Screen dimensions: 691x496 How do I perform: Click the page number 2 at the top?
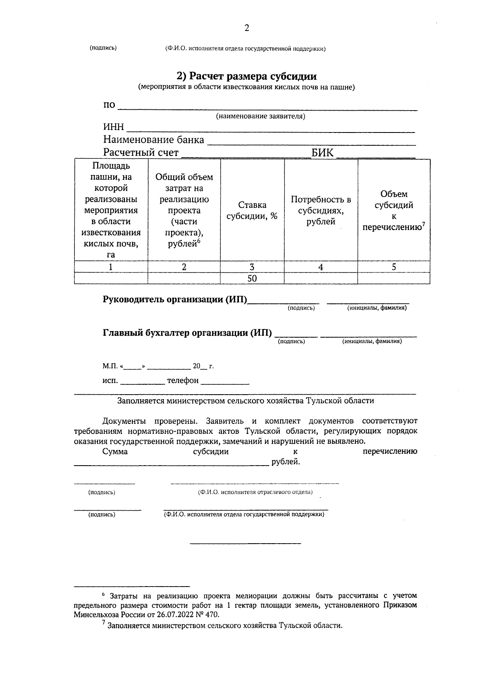pyautogui.click(x=247, y=28)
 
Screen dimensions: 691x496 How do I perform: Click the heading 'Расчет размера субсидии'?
pyautogui.click(x=247, y=76)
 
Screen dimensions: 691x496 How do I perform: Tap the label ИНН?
pyautogui.click(x=113, y=128)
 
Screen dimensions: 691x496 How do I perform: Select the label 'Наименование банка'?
pyautogui.click(x=153, y=140)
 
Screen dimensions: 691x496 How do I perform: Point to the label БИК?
pyautogui.click(x=322, y=153)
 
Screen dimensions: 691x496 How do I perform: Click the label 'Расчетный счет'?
pyautogui.click(x=141, y=153)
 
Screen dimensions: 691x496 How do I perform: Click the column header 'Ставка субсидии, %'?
pyautogui.click(x=252, y=211)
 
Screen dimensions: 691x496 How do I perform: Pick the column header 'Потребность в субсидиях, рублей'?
pyautogui.click(x=321, y=211)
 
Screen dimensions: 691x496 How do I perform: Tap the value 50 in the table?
pyautogui.click(x=252, y=279)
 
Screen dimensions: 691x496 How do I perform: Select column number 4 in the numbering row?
pyautogui.click(x=321, y=267)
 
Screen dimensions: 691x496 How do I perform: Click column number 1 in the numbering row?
pyautogui.click(x=111, y=267)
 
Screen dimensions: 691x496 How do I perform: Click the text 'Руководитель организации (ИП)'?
pyautogui.click(x=174, y=300)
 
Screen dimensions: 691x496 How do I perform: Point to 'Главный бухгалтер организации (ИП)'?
pyautogui.click(x=187, y=333)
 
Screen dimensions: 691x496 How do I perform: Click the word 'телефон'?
pyautogui.click(x=183, y=381)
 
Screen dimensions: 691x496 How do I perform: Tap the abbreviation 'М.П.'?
pyautogui.click(x=110, y=366)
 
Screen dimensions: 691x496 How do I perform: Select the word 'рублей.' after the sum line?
pyautogui.click(x=285, y=462)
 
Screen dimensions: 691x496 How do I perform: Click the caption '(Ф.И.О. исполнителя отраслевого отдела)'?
pyautogui.click(x=255, y=492)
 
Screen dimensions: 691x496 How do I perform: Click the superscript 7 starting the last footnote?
pyautogui.click(x=104, y=624)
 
